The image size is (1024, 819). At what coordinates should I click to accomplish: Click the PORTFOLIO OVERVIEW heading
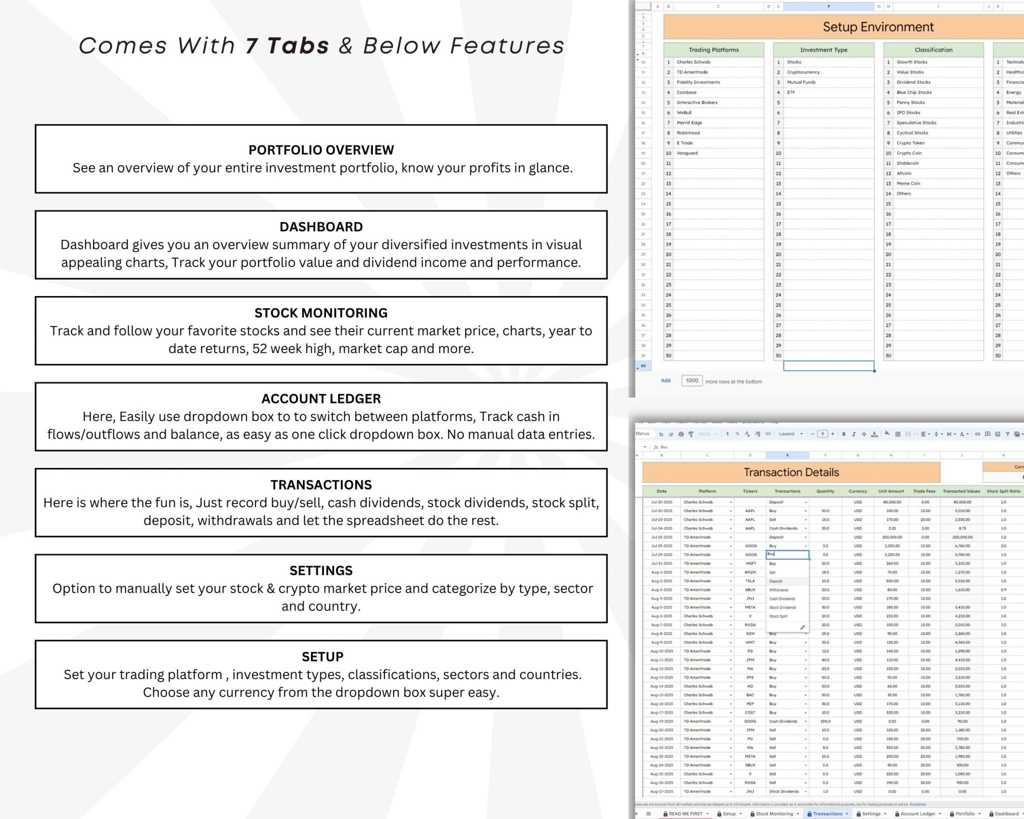321,150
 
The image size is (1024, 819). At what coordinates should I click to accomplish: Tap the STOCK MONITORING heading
321,313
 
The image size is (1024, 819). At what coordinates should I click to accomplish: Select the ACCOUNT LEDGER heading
321,398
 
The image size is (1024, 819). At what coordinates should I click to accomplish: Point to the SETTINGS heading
321,570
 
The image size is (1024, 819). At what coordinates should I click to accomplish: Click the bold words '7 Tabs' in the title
287,46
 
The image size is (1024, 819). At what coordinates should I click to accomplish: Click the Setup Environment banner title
878,27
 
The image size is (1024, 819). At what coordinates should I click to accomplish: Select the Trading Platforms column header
713,50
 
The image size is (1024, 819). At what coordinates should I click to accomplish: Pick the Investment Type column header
823,50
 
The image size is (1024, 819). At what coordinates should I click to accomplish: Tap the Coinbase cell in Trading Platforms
686,92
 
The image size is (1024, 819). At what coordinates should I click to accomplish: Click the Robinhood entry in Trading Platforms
688,133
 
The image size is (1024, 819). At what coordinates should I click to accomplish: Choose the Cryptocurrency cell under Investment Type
803,72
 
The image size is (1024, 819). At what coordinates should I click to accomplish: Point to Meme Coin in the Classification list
908,183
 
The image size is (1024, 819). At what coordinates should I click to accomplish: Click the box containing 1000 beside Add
692,380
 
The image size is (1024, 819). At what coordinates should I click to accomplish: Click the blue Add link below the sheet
665,380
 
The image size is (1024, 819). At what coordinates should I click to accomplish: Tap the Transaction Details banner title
791,472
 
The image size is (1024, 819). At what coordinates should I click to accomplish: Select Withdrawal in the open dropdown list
778,590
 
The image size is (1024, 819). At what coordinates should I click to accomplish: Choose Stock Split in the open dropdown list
778,616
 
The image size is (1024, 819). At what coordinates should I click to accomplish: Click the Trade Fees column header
924,491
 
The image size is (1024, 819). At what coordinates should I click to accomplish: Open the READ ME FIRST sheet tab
685,813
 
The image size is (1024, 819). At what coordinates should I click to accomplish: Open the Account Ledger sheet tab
917,813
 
